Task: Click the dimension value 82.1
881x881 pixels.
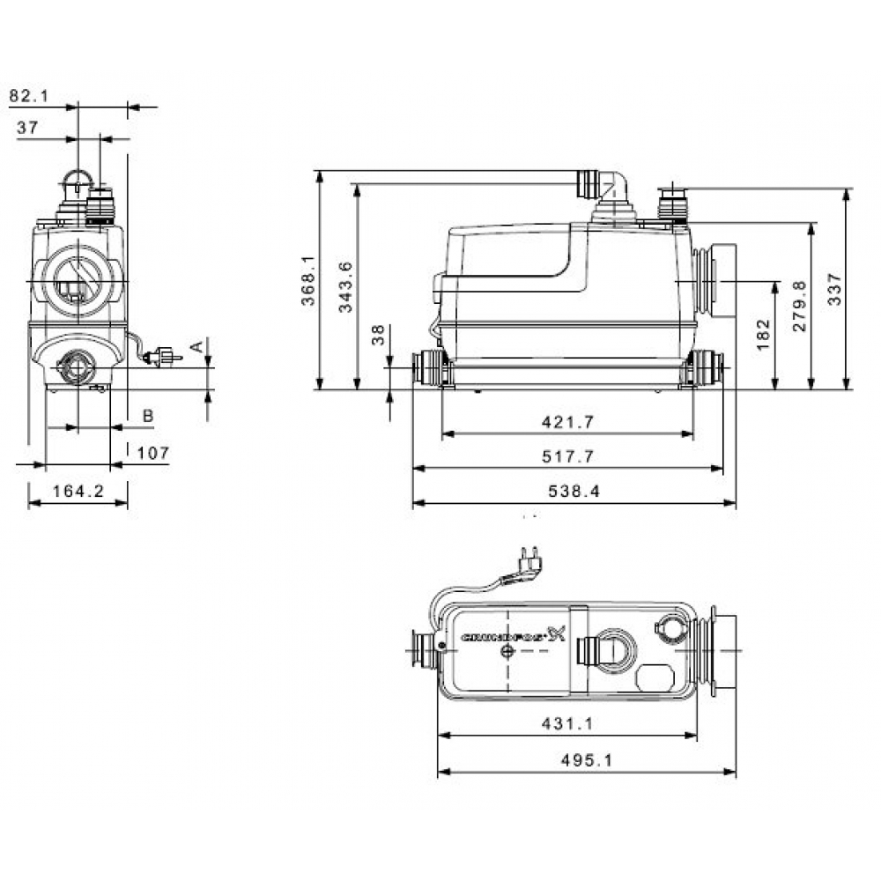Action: pos(29,94)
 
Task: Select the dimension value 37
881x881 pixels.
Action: pos(27,128)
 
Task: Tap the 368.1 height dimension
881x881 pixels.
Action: pos(307,280)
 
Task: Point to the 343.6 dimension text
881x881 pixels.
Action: pos(346,286)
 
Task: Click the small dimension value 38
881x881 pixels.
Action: pos(378,335)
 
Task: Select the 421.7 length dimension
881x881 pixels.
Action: pos(566,423)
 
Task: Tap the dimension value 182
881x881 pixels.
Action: pos(763,335)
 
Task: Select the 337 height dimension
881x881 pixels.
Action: pos(835,289)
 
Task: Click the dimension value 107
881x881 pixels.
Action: pos(153,453)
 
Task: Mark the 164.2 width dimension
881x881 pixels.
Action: pos(78,492)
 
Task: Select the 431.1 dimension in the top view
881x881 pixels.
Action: pos(567,723)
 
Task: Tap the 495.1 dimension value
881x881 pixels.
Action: pos(586,760)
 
